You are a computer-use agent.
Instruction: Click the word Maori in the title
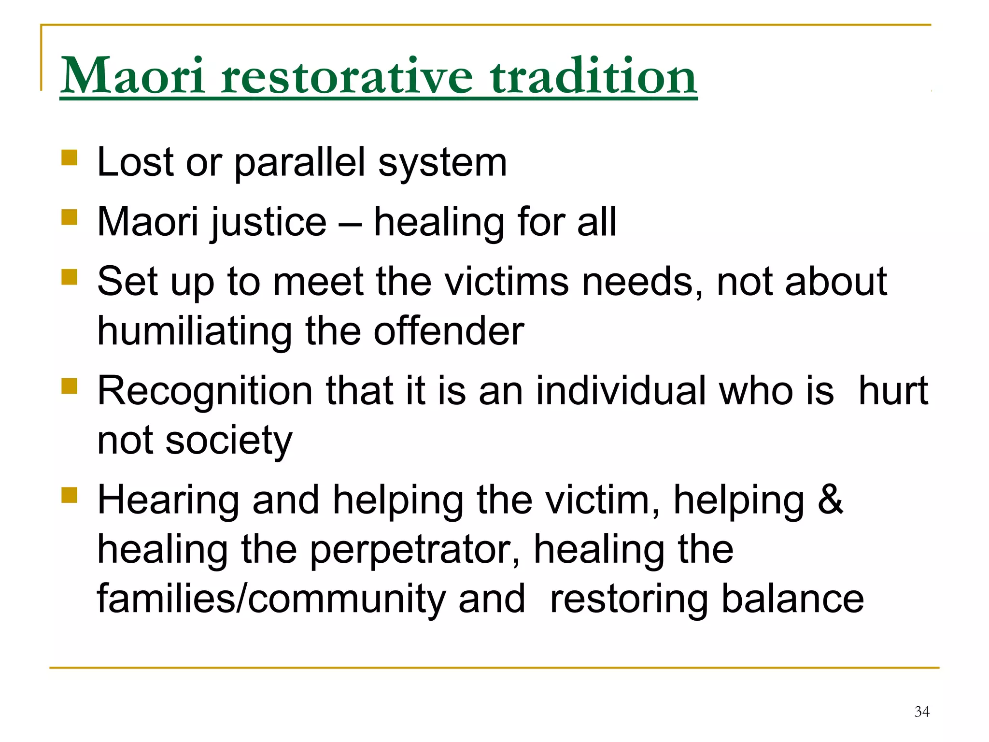click(x=133, y=76)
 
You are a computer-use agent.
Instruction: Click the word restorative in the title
click(x=347, y=76)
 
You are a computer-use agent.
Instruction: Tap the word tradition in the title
click(x=593, y=76)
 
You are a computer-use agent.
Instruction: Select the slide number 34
click(x=921, y=712)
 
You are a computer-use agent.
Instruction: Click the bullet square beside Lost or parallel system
click(x=70, y=157)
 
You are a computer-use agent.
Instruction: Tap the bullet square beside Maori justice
click(x=70, y=217)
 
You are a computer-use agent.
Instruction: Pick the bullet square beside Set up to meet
click(x=70, y=277)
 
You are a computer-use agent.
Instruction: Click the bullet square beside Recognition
click(x=70, y=386)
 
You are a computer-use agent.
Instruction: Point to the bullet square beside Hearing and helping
click(x=70, y=495)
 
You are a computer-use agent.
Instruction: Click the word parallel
click(x=299, y=163)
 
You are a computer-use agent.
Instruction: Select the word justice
click(x=269, y=223)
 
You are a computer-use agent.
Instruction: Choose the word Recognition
click(x=205, y=391)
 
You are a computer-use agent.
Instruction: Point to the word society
click(x=228, y=441)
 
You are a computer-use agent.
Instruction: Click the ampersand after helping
click(x=830, y=500)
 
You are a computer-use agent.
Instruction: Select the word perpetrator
click(x=414, y=550)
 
